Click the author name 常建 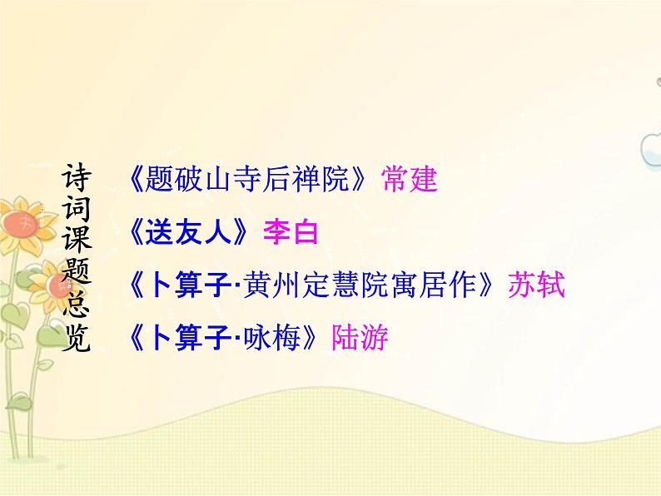point(410,178)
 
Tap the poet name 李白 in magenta point(291,231)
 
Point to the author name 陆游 point(360,338)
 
